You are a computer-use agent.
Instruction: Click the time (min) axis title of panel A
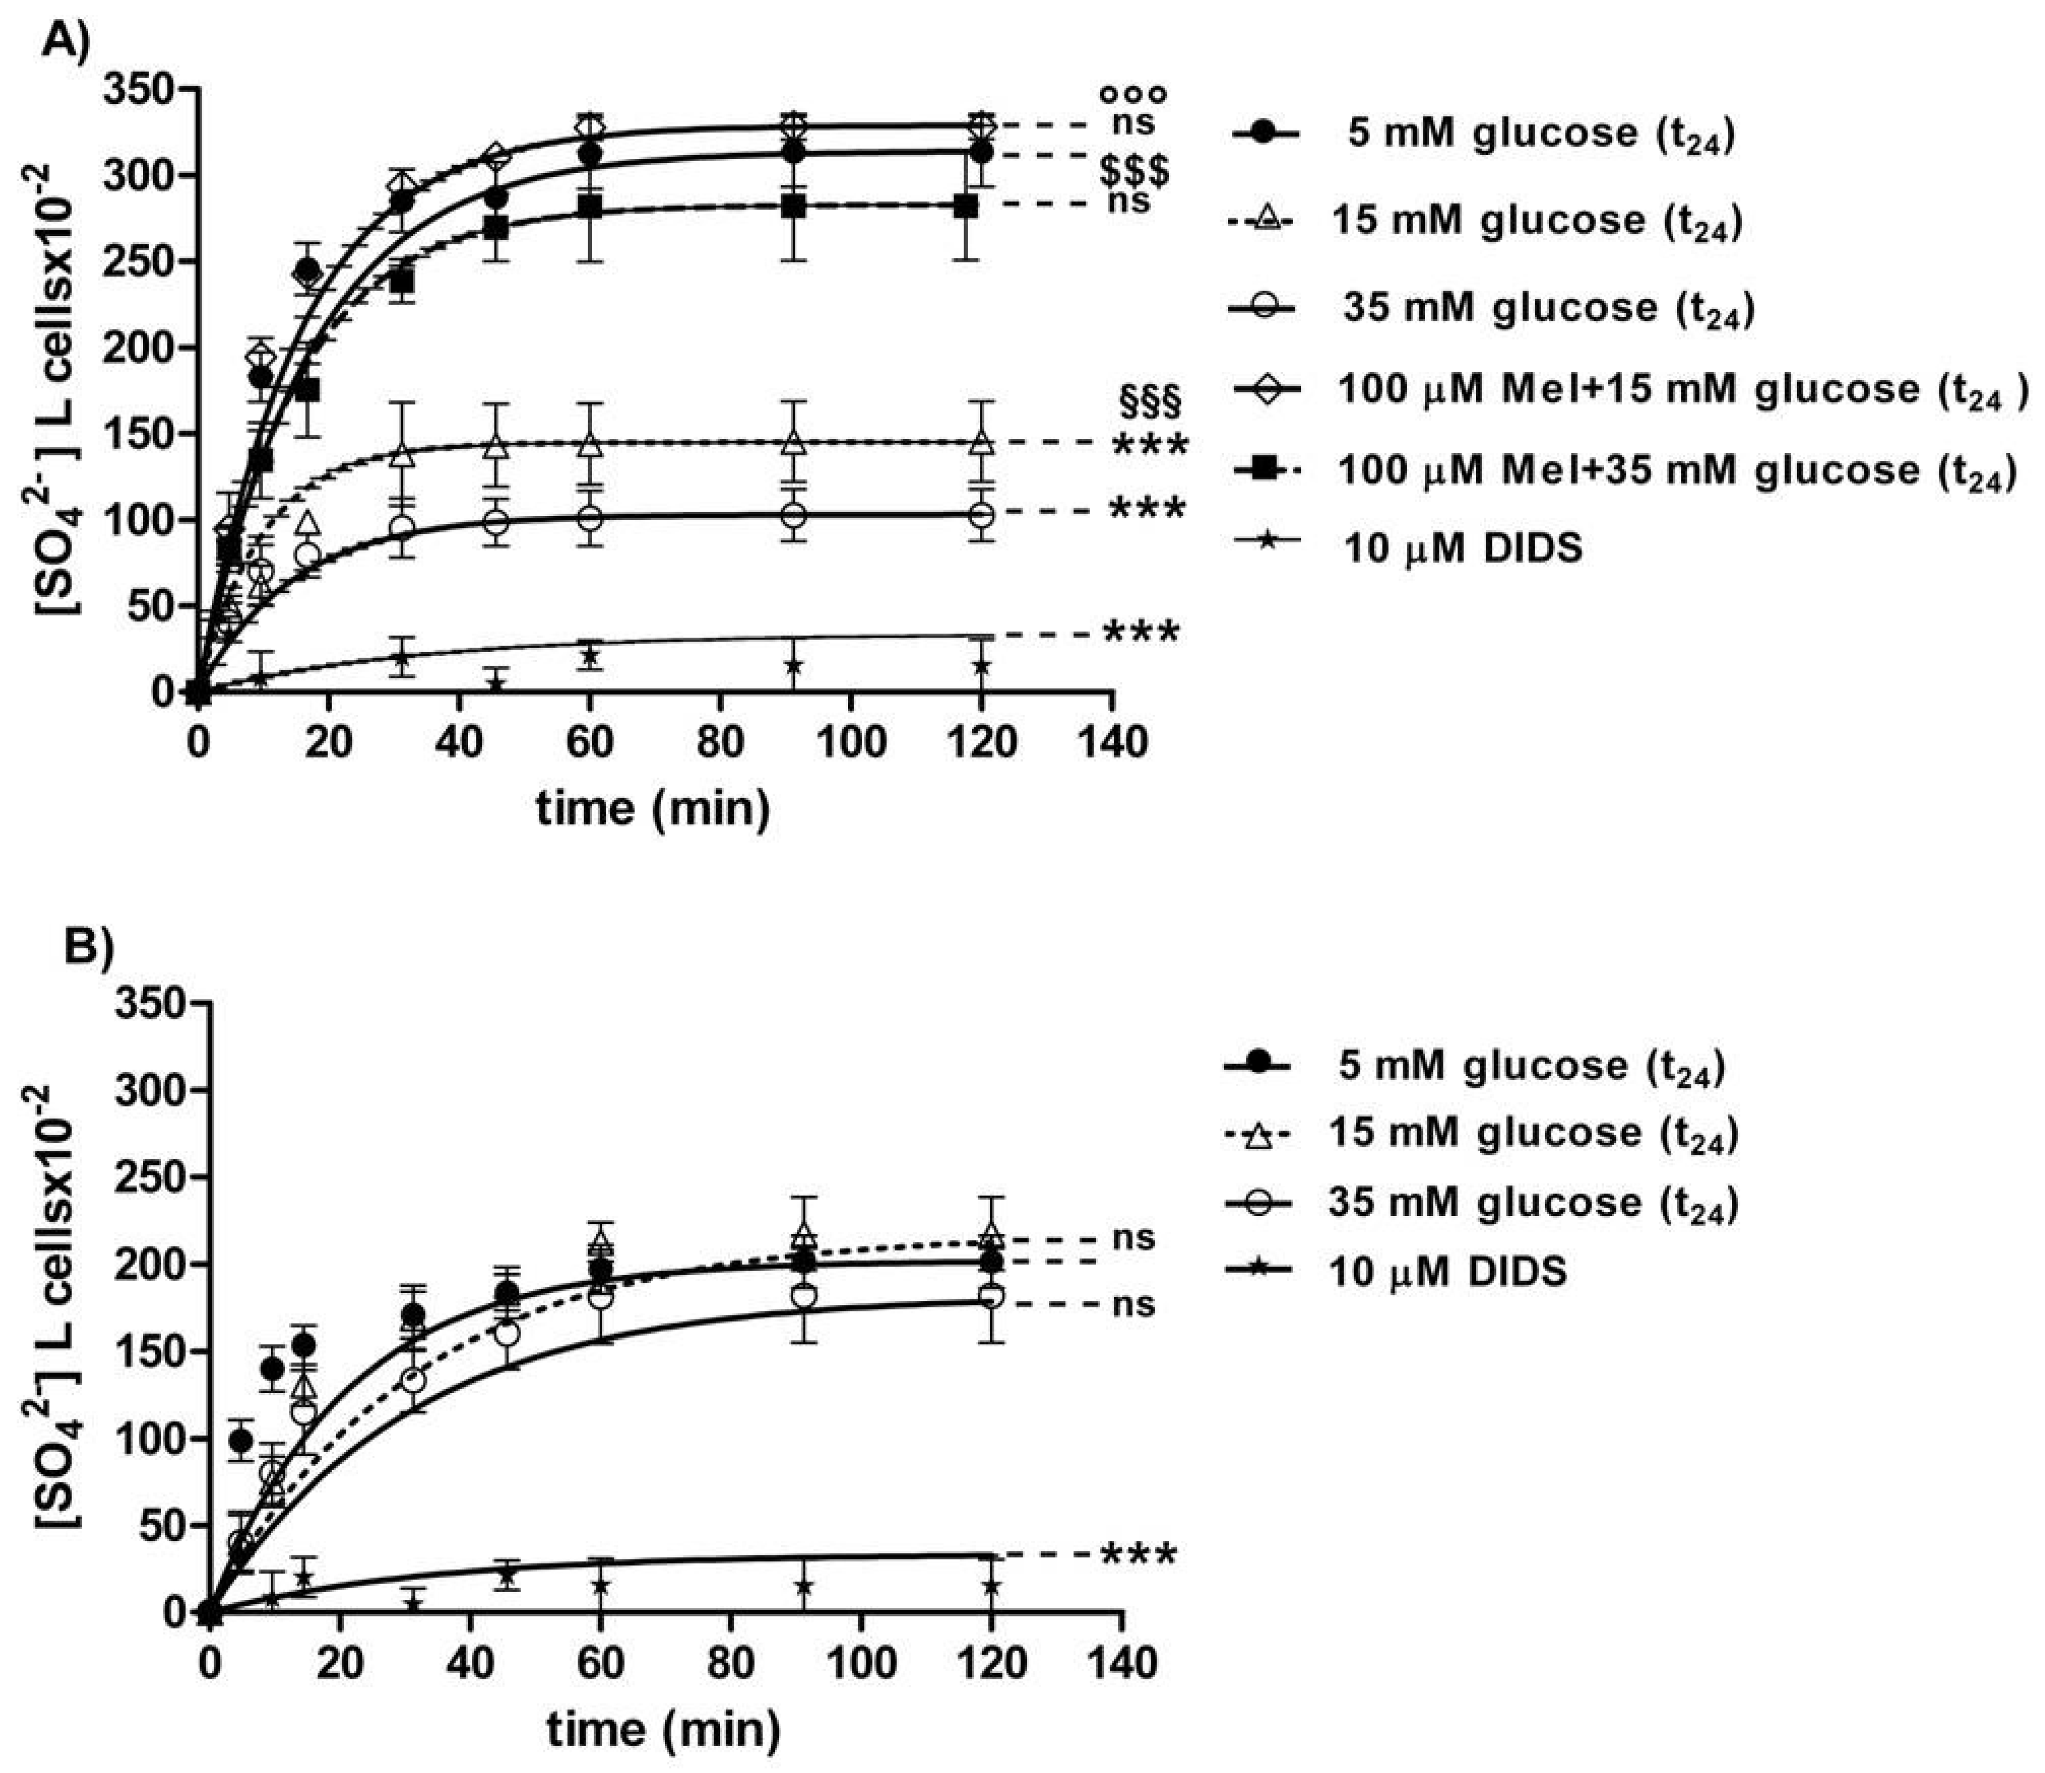pos(653,809)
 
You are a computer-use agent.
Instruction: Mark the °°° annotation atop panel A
pos(1133,95)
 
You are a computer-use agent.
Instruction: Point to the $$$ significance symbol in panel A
pos(1134,170)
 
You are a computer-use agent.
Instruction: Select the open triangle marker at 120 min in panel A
pos(981,441)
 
